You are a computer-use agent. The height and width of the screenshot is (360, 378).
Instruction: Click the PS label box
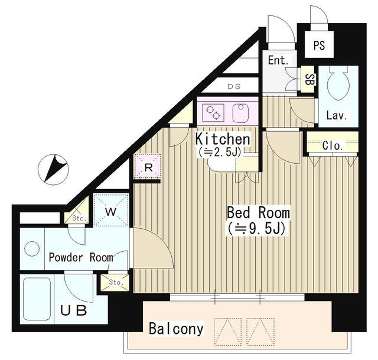click(319, 44)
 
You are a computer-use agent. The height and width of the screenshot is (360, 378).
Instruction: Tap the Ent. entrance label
click(278, 60)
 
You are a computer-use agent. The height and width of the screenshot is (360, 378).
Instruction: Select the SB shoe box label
click(307, 79)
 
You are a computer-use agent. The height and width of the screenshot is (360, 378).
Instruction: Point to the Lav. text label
click(337, 115)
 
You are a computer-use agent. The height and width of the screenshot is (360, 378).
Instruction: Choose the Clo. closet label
click(333, 145)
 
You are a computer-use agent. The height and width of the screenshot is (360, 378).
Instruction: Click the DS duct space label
click(234, 86)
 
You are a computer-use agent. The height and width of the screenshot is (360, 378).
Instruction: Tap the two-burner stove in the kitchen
click(213, 112)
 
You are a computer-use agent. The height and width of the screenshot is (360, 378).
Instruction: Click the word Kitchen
click(223, 139)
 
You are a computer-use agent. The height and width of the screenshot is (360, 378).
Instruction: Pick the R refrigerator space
click(147, 167)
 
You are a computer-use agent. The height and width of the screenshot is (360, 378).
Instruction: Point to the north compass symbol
click(53, 170)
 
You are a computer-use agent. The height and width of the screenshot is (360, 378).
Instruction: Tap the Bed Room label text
click(259, 213)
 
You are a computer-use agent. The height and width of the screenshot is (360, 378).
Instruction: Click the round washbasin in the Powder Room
click(32, 249)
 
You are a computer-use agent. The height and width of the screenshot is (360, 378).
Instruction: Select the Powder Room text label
click(81, 258)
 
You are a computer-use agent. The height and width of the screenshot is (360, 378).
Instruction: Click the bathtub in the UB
click(37, 299)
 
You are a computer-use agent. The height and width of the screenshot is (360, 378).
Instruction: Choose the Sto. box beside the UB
click(115, 283)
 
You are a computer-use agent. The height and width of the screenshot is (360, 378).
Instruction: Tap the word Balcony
click(176, 329)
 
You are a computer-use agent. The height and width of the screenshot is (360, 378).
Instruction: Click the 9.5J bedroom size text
click(256, 229)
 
